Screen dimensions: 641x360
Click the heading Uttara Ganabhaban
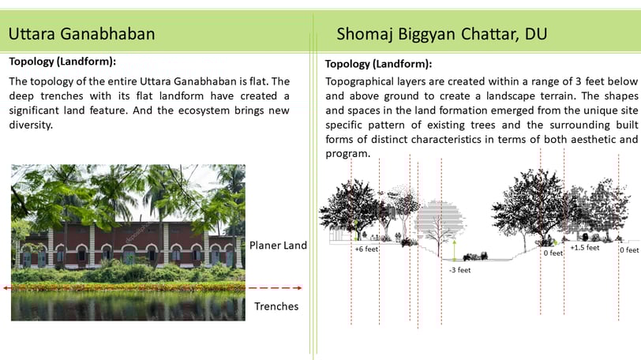click(x=82, y=33)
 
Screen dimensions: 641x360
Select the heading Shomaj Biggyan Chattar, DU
click(x=442, y=34)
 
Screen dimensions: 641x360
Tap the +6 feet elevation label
click(x=366, y=249)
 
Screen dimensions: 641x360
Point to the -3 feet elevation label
click(x=460, y=270)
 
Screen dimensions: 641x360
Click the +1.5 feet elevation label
click(x=585, y=248)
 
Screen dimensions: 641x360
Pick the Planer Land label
click(x=278, y=246)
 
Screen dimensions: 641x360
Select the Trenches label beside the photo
click(x=276, y=306)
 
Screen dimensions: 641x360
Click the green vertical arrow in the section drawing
click(x=454, y=250)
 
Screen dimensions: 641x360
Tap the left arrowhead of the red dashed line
click(x=6, y=288)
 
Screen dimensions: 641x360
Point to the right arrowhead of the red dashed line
click(x=300, y=288)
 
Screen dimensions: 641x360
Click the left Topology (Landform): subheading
click(x=62, y=62)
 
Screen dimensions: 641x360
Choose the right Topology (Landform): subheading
click(x=379, y=64)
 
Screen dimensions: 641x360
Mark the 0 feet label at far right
click(x=630, y=249)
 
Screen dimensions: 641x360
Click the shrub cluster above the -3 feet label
click(x=475, y=257)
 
